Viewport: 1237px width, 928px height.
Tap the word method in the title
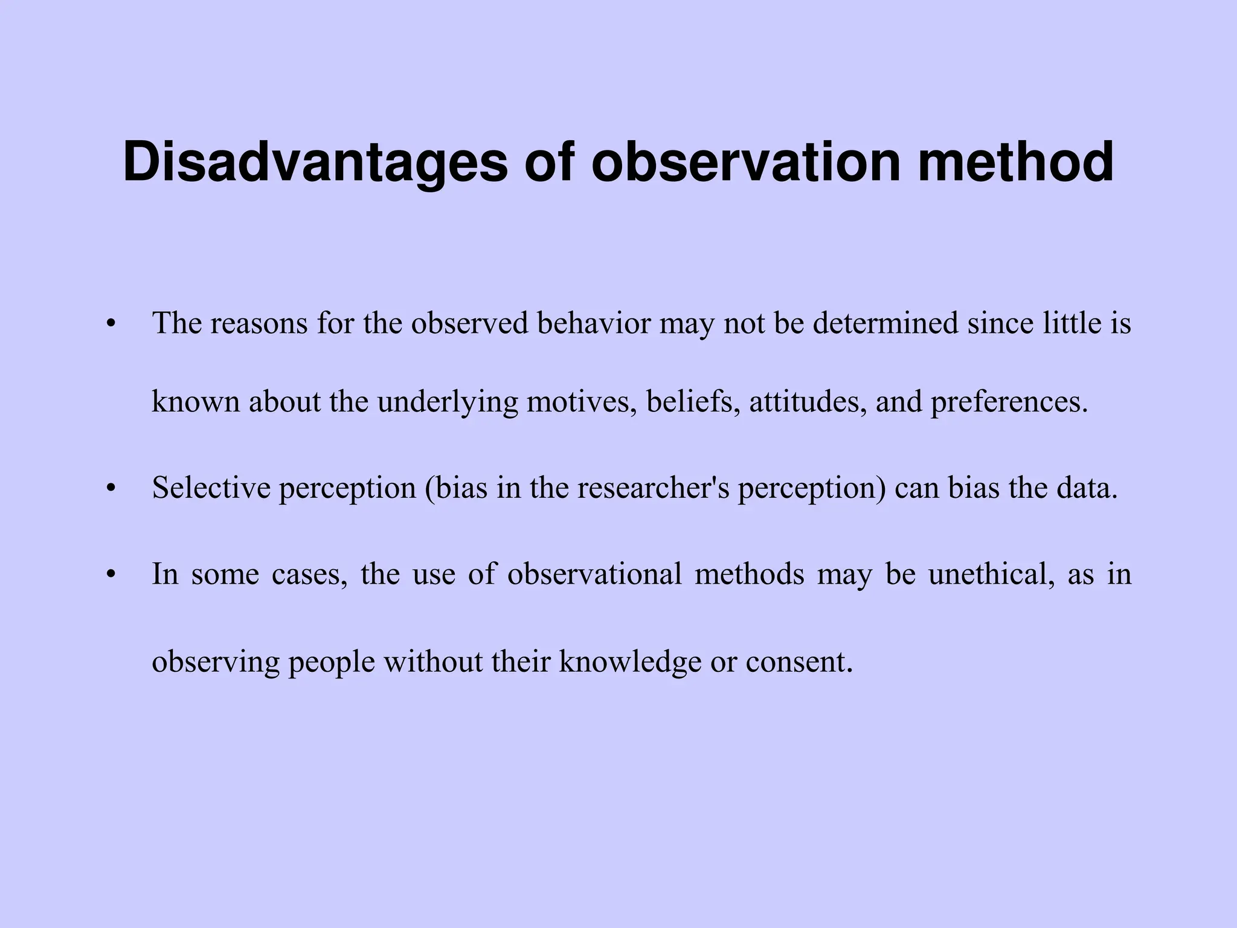1015,162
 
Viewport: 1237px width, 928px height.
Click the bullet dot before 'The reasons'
109,324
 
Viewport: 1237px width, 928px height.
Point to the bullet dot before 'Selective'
109,489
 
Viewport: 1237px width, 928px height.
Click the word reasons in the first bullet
258,324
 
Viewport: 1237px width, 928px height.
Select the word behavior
593,324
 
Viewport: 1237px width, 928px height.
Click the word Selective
211,488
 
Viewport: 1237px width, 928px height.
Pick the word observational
594,574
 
